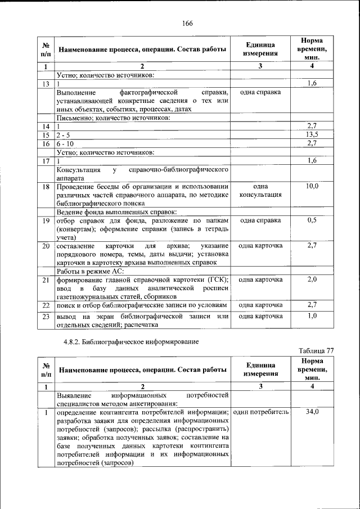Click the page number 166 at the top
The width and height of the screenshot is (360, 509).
[187, 22]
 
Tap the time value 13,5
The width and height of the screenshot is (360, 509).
[312, 135]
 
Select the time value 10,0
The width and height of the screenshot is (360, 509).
[312, 186]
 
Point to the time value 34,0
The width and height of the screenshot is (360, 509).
[312, 412]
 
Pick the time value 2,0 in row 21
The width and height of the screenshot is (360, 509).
[312, 280]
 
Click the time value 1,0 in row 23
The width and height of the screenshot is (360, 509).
[312, 317]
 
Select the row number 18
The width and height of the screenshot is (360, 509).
[46, 186]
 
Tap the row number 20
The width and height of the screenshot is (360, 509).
[46, 246]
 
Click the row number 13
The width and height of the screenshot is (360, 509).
[46, 83]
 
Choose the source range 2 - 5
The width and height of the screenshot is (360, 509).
[64, 135]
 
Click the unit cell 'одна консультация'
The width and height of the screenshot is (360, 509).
[260, 191]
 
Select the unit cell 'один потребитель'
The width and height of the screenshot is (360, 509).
[260, 412]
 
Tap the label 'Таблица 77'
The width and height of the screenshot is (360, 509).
[316, 350]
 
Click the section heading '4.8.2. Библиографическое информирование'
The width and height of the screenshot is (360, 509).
[130, 341]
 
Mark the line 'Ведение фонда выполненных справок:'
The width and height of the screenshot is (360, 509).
[116, 211]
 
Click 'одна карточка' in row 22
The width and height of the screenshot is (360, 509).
[260, 305]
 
